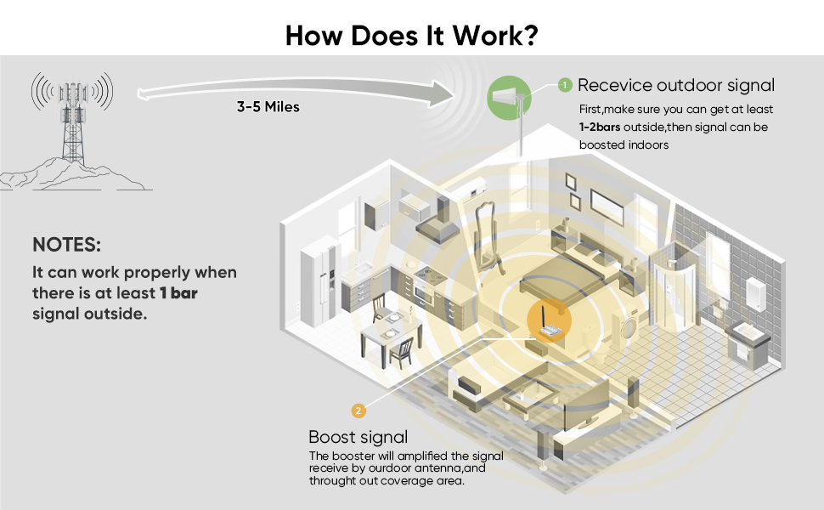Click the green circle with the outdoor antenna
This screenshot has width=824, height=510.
tap(509, 94)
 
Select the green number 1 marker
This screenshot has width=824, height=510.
tap(565, 85)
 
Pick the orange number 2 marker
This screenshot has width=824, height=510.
tap(358, 411)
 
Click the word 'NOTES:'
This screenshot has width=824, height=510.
tap(66, 245)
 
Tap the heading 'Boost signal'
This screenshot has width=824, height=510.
tap(358, 437)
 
